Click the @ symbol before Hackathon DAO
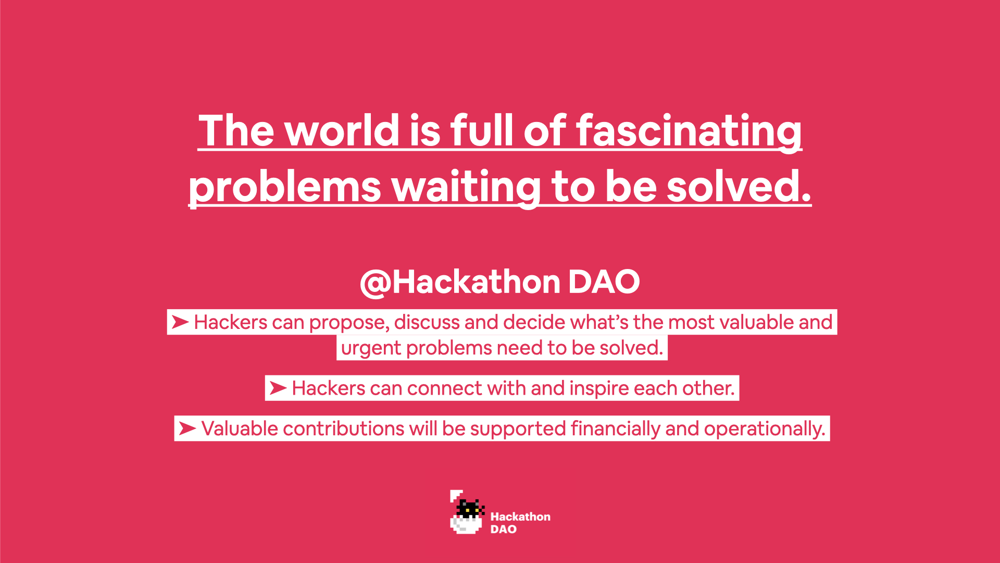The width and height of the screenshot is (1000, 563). pos(376,284)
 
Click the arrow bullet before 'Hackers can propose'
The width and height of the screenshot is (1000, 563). pos(180,322)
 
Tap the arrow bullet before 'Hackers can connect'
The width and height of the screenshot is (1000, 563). pos(278,388)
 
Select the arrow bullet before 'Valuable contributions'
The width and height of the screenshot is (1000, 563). pos(187,429)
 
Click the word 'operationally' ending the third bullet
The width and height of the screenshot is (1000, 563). pos(765,430)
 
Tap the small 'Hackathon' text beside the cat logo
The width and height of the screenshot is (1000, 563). pos(520,517)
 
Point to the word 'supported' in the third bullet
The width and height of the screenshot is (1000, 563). pos(518,430)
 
